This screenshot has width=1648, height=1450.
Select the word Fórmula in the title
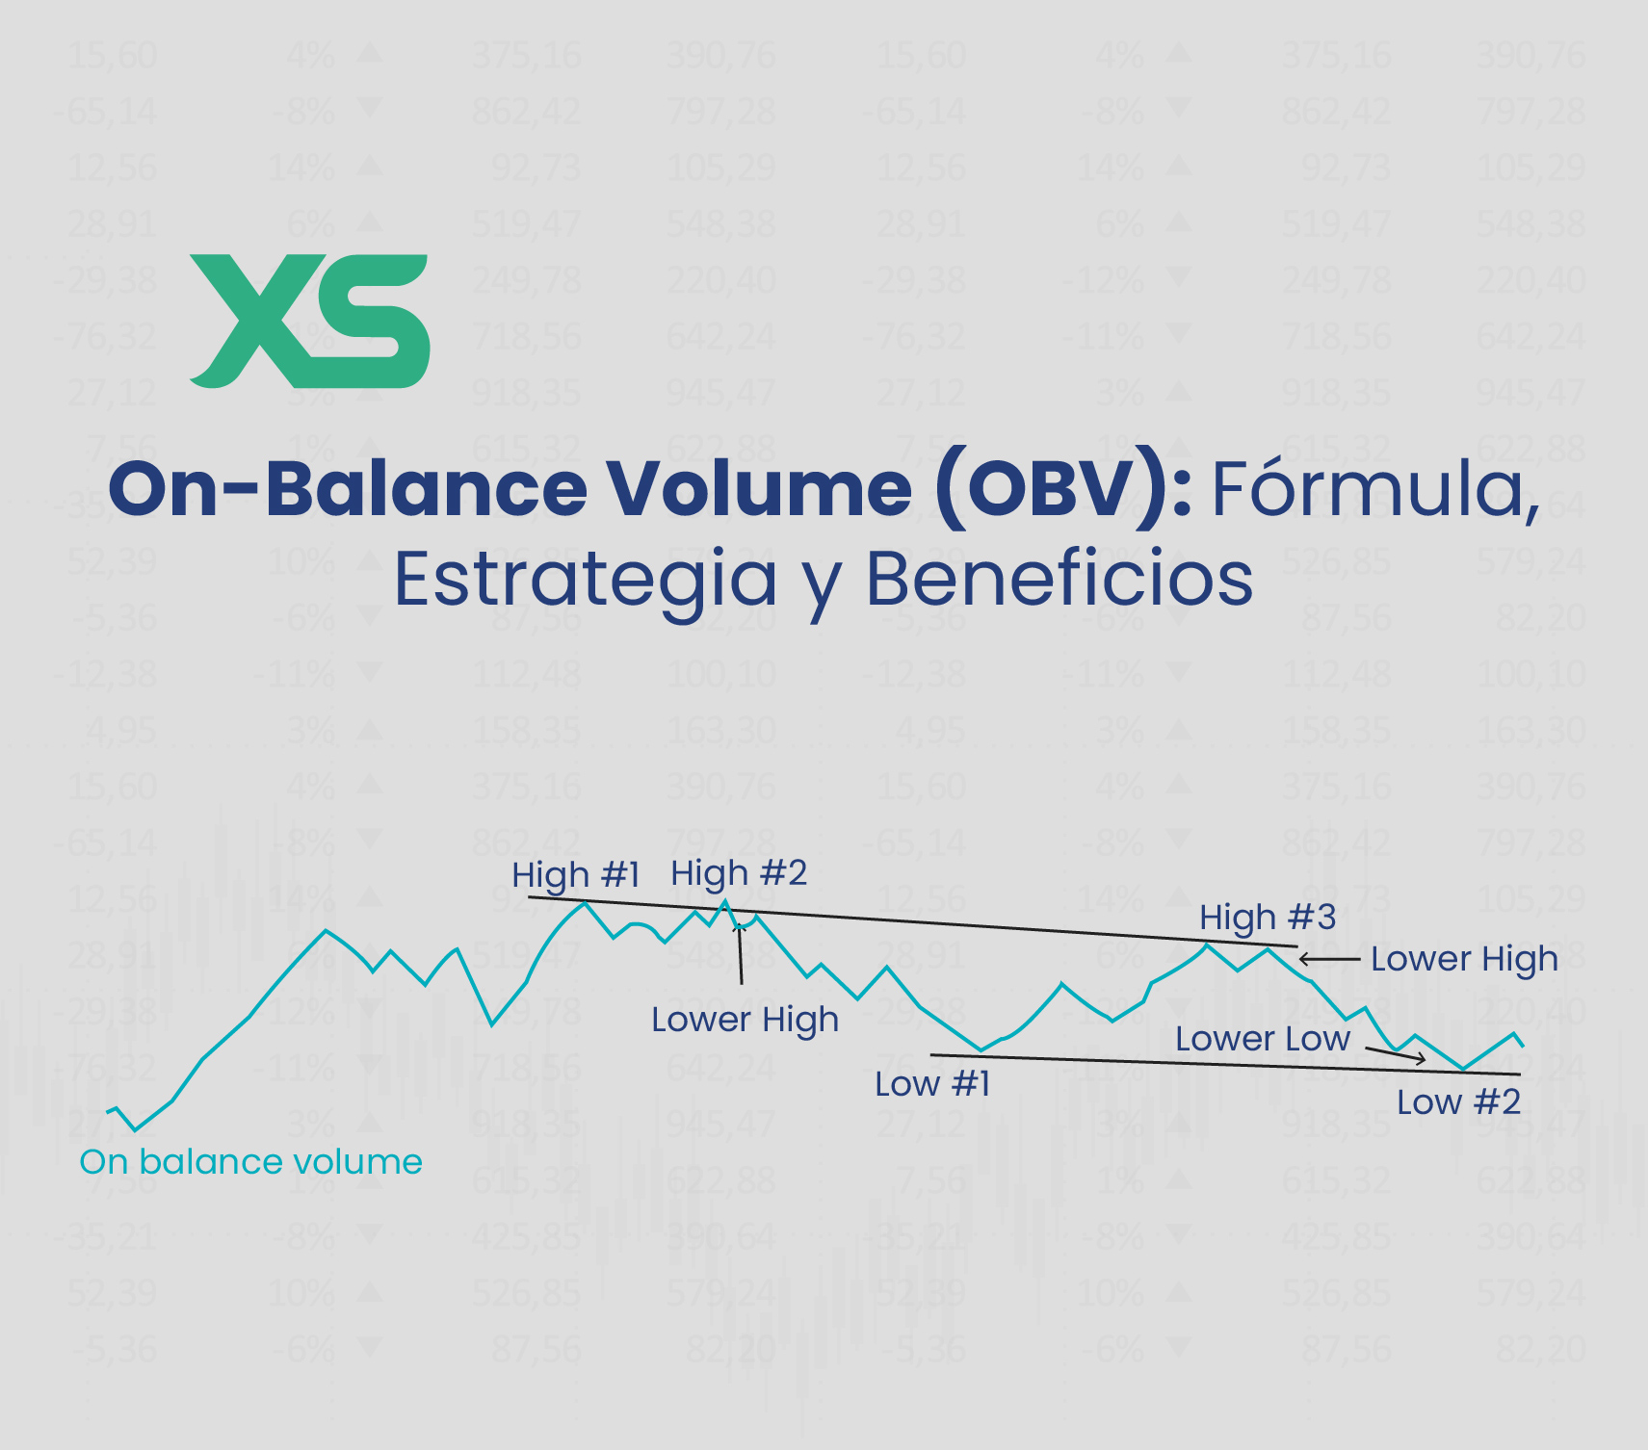(1374, 489)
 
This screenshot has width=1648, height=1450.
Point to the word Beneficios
(1059, 580)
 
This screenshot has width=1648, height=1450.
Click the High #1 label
(575, 875)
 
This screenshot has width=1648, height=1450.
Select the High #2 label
(739, 873)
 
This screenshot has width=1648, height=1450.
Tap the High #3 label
(1267, 918)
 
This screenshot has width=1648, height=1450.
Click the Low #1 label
(932, 1084)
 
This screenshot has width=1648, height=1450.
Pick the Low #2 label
(1458, 1102)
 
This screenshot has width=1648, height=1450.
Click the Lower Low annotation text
(1262, 1039)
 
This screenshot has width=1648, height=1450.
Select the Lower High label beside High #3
(1463, 959)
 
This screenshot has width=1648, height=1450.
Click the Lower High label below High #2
(745, 1020)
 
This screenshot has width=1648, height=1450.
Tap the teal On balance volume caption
(250, 1162)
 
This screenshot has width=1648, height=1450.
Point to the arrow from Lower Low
(1396, 1054)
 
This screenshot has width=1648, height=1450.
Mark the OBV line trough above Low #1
(981, 1049)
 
